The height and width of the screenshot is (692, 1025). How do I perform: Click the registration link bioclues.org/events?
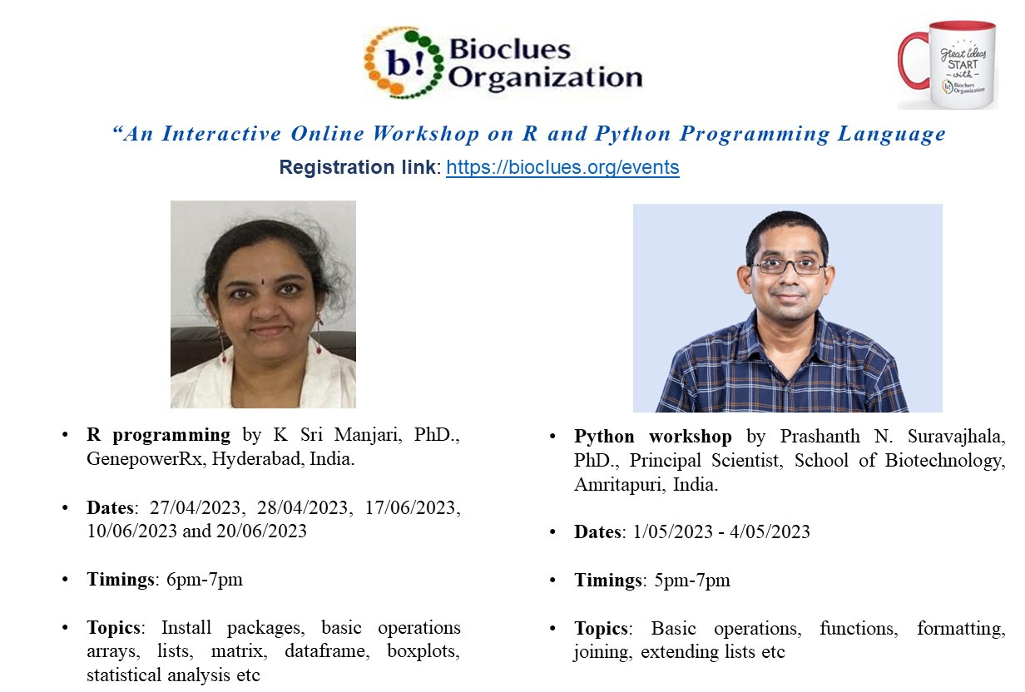tap(562, 167)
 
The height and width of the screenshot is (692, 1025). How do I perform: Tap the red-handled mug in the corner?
tap(948, 65)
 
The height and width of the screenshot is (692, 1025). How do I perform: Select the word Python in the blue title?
tap(633, 134)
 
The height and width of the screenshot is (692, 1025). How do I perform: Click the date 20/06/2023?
tap(261, 531)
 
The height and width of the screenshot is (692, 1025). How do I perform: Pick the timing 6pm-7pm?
tap(204, 580)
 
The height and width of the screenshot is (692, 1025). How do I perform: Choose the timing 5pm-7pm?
tap(692, 581)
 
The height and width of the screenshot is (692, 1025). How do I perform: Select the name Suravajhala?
tap(957, 437)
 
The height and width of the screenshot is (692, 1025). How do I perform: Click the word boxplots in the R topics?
tap(423, 651)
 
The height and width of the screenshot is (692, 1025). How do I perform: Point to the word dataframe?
tap(327, 650)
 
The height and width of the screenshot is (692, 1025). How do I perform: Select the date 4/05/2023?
tap(770, 532)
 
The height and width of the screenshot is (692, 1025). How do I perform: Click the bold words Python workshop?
tap(653, 437)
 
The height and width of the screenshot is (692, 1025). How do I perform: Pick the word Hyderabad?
tap(258, 459)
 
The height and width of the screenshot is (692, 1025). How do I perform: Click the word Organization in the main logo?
tap(545, 77)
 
